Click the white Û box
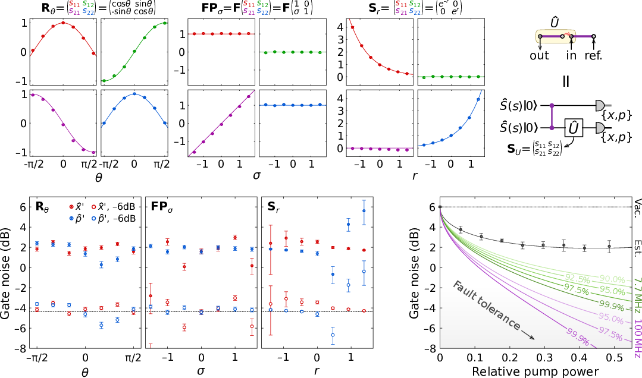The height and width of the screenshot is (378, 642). (x=574, y=128)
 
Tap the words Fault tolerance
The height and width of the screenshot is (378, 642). (x=486, y=305)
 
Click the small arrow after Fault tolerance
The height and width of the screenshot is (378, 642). (x=528, y=336)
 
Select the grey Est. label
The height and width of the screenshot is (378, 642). (x=637, y=248)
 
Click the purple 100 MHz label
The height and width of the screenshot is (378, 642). (x=637, y=338)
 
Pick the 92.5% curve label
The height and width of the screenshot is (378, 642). (x=577, y=279)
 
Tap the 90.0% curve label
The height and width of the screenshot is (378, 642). (x=612, y=279)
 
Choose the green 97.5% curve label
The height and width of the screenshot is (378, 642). (x=577, y=291)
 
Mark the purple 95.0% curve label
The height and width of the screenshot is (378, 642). (x=610, y=319)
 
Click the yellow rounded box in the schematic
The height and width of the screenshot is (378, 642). (x=555, y=36)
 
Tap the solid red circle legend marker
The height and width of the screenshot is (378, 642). (x=71, y=207)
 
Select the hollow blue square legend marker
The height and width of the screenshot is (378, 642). (x=94, y=218)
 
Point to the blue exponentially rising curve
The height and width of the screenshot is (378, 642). (x=459, y=129)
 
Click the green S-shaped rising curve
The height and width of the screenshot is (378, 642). (x=134, y=51)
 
